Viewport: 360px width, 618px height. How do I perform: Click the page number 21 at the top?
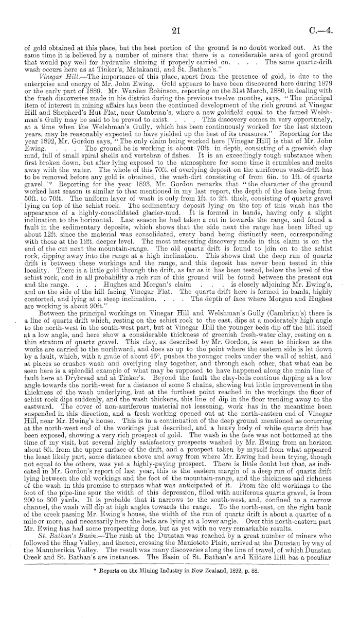coord(176,32)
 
